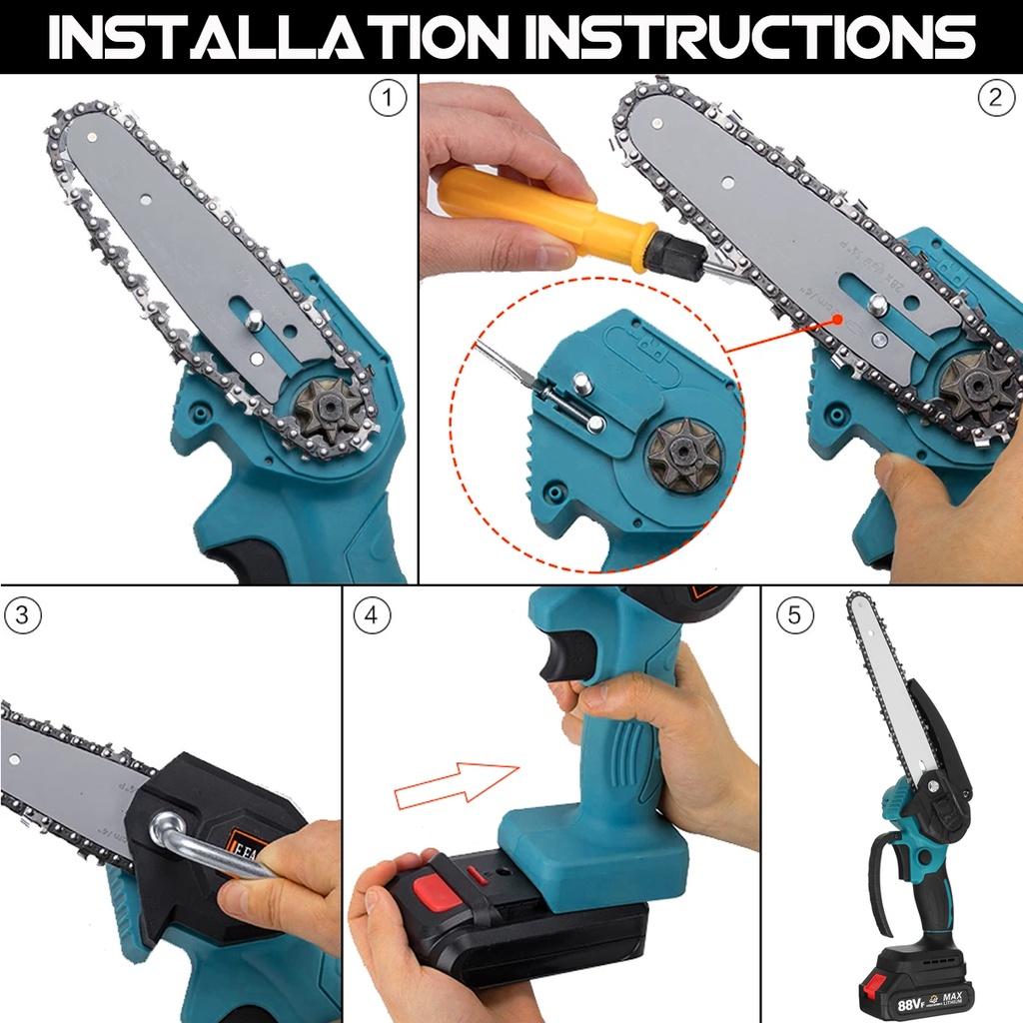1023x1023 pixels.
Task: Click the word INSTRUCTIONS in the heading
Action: coord(750,37)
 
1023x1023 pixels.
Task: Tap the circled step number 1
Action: coord(388,99)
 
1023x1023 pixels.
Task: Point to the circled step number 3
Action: coord(23,615)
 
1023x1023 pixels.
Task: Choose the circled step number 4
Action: coord(372,615)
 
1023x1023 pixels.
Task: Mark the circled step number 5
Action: coord(794,615)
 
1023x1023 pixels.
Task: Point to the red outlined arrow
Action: coord(458,780)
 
